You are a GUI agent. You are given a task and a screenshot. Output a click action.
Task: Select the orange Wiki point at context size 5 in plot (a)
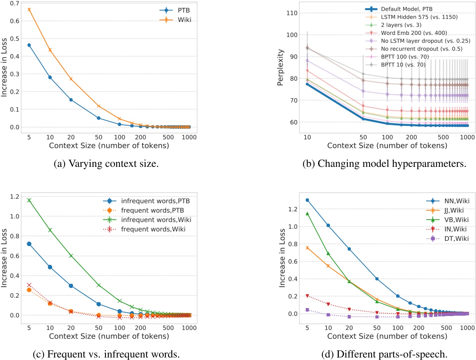click(x=29, y=9)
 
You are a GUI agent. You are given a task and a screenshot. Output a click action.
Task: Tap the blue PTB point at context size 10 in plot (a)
click(x=50, y=77)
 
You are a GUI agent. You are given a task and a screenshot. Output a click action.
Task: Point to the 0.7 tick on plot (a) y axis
click(x=15, y=3)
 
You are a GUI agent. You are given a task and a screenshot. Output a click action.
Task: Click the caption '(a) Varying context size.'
click(x=106, y=163)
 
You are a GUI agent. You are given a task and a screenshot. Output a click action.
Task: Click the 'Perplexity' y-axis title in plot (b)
click(x=280, y=67)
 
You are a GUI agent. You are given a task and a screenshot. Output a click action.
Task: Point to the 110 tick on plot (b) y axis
click(x=292, y=13)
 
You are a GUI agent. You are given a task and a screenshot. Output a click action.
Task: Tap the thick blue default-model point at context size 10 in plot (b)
click(x=307, y=84)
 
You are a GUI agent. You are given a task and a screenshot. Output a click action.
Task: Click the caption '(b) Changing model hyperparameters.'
click(x=384, y=163)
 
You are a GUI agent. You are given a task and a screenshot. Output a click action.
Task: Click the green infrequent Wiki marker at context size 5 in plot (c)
click(x=29, y=200)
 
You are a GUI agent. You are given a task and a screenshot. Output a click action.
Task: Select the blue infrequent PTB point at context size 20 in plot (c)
click(x=71, y=286)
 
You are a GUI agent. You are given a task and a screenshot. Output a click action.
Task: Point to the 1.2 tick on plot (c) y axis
click(x=15, y=197)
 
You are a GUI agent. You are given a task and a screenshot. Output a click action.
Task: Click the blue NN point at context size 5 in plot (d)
click(x=307, y=200)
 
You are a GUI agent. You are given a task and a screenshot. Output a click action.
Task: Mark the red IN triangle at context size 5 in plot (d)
click(x=307, y=296)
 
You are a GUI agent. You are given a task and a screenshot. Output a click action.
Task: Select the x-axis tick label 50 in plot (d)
click(x=377, y=328)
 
